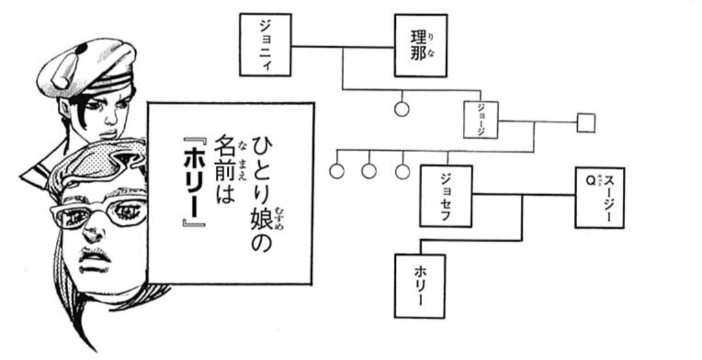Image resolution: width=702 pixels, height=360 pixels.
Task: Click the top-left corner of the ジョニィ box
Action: (x=240, y=14)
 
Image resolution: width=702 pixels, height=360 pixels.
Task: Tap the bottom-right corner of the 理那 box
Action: (x=447, y=76)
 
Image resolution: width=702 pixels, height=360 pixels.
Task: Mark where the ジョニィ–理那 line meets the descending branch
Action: (x=343, y=47)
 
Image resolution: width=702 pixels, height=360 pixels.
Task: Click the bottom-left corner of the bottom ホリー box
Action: (x=395, y=318)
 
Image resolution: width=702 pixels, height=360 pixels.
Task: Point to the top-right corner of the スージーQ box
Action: (x=623, y=168)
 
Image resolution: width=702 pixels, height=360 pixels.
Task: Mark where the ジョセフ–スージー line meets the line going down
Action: (x=522, y=195)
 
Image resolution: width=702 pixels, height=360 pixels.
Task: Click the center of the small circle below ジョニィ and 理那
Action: (x=402, y=109)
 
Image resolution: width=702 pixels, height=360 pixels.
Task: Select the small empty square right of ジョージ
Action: (x=586, y=123)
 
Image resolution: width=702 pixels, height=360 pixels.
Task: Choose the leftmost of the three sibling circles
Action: (x=337, y=171)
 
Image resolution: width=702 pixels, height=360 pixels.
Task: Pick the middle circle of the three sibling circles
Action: (x=369, y=171)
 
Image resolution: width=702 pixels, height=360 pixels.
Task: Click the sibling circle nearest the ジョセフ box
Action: (x=402, y=171)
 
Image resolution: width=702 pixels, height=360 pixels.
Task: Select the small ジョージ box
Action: (x=481, y=120)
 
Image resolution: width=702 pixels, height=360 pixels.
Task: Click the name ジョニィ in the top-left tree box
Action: (x=265, y=45)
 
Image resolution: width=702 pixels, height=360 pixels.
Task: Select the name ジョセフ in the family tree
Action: (x=445, y=196)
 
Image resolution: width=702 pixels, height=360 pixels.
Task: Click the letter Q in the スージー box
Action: (x=591, y=181)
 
